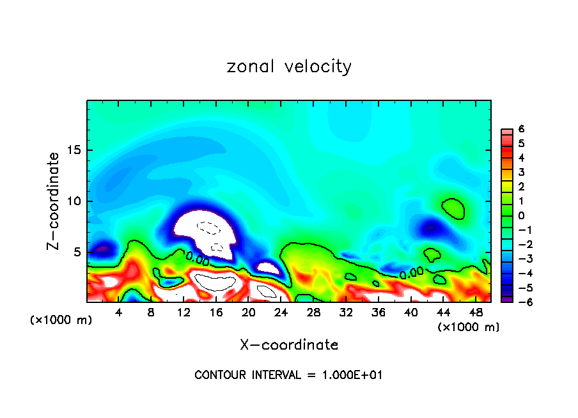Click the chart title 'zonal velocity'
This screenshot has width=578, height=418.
[289, 66]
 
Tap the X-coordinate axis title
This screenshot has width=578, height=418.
[289, 345]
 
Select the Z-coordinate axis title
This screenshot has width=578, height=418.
[55, 201]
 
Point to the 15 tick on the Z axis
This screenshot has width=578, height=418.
[74, 150]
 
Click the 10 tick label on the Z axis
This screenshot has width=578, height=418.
[74, 201]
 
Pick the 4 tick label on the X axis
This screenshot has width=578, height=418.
[118, 313]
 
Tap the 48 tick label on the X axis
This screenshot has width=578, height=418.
[476, 313]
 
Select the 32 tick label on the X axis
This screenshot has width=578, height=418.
[346, 313]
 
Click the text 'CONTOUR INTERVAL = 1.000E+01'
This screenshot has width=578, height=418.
[288, 375]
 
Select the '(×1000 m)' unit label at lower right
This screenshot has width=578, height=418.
[468, 327]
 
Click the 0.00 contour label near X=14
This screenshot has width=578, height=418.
[198, 258]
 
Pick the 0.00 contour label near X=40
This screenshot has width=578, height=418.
[412, 273]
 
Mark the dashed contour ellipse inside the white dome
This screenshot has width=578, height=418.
[208, 227]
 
